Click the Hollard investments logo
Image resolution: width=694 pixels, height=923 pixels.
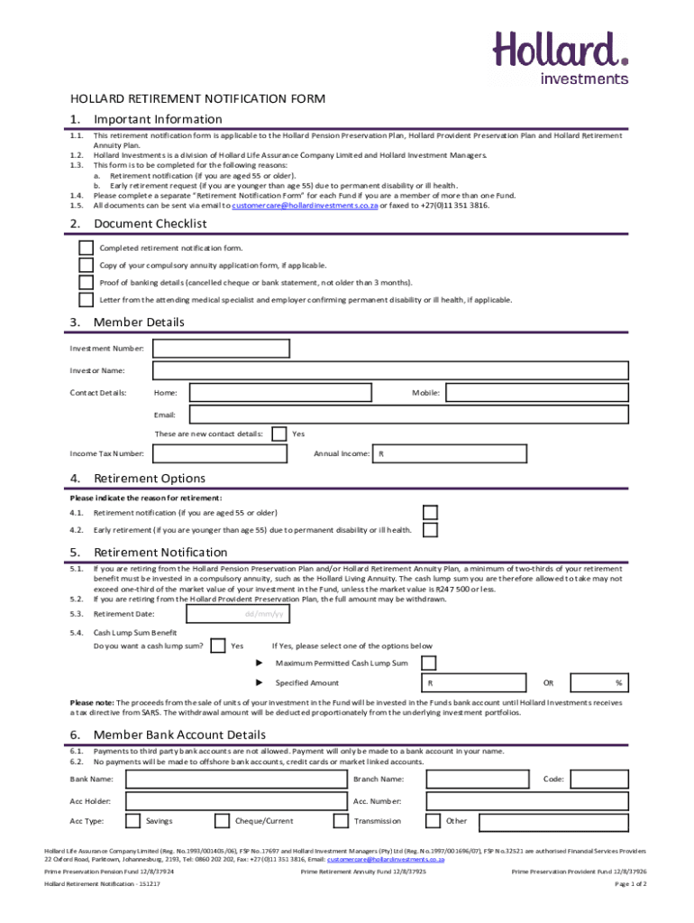(560, 57)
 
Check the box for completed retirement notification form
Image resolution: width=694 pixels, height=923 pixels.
(86, 248)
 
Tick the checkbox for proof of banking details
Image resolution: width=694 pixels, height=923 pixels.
(86, 282)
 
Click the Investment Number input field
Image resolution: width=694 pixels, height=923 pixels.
(222, 349)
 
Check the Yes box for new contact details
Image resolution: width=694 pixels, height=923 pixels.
(279, 434)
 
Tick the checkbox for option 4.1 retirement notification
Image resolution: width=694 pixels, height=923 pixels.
(431, 513)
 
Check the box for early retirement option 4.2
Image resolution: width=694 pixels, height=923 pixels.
(431, 530)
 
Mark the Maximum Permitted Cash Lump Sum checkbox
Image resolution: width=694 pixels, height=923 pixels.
(430, 663)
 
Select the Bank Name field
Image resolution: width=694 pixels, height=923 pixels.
(236, 779)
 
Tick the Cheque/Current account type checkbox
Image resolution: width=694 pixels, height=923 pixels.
(222, 821)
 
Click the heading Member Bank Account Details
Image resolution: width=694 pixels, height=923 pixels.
(179, 735)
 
